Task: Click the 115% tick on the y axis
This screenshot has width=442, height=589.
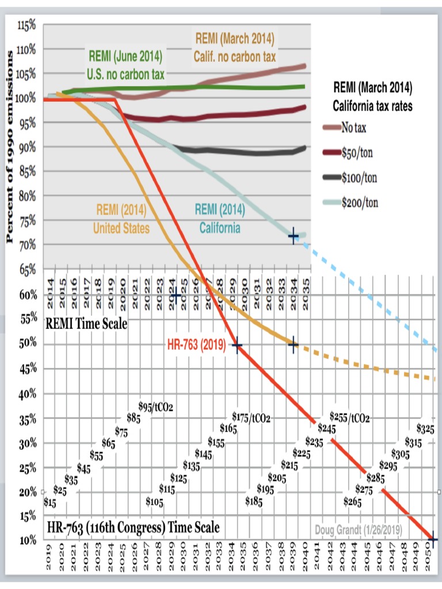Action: [26, 25]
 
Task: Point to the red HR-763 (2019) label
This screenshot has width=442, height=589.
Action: [195, 345]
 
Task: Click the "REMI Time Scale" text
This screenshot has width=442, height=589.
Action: [86, 323]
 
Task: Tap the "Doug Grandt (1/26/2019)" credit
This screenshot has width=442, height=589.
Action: [358, 529]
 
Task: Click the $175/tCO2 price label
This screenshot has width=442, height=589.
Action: [251, 417]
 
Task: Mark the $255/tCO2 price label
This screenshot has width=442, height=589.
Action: [350, 417]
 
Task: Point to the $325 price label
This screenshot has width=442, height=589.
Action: [425, 429]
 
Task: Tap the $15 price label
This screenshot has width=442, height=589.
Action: [50, 503]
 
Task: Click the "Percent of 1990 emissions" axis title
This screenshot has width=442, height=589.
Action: [10, 147]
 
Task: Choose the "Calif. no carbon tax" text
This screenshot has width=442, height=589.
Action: [234, 57]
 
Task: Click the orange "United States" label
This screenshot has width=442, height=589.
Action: [121, 228]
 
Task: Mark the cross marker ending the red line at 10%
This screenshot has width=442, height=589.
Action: [433, 540]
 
